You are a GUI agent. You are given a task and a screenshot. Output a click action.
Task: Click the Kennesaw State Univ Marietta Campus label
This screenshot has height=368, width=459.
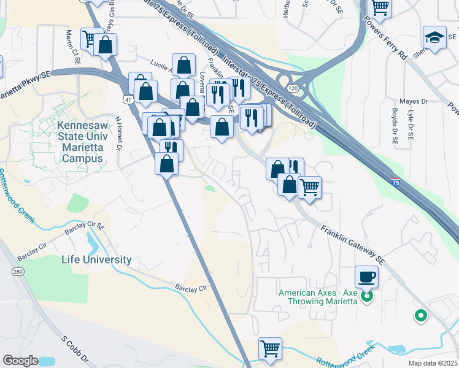pyautogui.click(x=80, y=141)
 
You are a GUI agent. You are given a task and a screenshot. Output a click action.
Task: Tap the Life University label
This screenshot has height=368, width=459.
pyautogui.click(x=96, y=259)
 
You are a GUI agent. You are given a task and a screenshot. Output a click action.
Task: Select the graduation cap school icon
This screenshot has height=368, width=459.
pyautogui.click(x=434, y=38)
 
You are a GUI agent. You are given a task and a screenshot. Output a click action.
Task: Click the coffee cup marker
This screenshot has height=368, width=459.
pyautogui.click(x=366, y=277)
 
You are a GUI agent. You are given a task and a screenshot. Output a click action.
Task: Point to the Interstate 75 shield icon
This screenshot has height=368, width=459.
pyautogui.click(x=396, y=182)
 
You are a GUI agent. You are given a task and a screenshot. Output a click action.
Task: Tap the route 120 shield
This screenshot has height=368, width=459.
pyautogui.click(x=295, y=89)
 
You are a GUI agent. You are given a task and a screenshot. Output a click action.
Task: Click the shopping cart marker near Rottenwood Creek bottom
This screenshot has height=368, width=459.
pyautogui.click(x=270, y=348)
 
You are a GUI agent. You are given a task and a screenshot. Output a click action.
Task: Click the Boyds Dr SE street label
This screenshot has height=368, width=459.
pyautogui.click(x=395, y=126)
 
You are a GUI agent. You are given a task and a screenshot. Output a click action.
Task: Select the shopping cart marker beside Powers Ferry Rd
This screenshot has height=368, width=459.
pyautogui.click(x=380, y=7)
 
